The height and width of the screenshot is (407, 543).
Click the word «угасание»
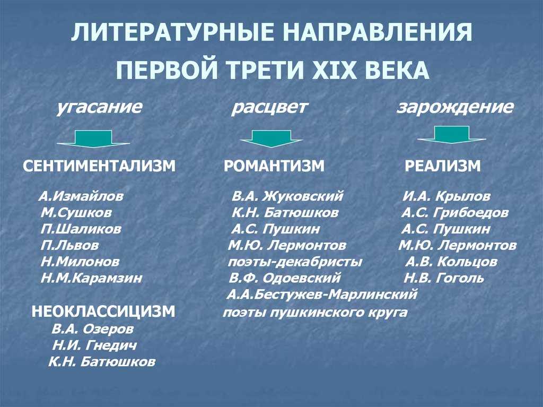coord(99,108)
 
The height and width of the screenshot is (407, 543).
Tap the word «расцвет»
coord(269,108)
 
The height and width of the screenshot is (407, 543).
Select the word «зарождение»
coord(454,108)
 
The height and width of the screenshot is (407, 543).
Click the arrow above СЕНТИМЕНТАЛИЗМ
coord(93,138)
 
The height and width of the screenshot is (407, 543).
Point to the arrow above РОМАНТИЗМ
coord(271,138)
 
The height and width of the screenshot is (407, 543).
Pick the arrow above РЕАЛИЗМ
coord(452,135)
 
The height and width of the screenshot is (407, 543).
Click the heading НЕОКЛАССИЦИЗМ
coord(103,312)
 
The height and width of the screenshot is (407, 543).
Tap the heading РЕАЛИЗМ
coord(443,166)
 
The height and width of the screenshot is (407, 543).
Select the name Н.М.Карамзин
coord(91,278)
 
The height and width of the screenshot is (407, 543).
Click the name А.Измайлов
coord(81,196)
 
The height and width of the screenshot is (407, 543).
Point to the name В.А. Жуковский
coord(287,196)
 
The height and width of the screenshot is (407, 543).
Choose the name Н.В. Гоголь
coord(444,278)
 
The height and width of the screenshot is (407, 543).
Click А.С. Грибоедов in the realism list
coord(454,212)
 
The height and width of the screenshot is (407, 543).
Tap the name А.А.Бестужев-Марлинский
coord(322,295)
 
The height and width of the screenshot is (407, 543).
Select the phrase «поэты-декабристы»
coord(295,262)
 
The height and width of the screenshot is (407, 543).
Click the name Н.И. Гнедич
coord(94,345)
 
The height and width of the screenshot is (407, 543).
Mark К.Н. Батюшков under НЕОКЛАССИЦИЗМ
coord(101,362)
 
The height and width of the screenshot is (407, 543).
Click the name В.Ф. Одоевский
coord(285,278)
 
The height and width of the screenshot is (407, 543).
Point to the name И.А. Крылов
coord(446,196)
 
